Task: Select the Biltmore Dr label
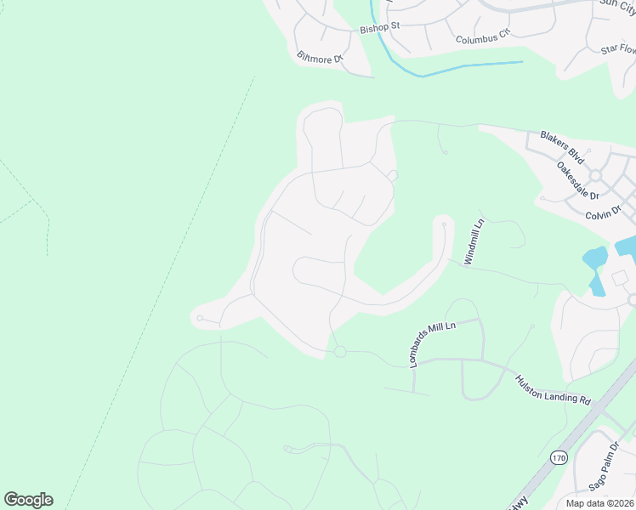tap(320, 58)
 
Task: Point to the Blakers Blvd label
tap(563, 148)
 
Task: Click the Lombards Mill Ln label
tap(432, 343)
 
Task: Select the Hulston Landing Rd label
tap(553, 388)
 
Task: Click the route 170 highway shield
tap(558, 457)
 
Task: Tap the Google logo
tap(28, 500)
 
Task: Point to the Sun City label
tap(617, 5)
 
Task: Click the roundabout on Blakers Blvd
tap(595, 175)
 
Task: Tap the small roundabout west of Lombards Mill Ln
tap(340, 351)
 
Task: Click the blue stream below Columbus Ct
tap(459, 68)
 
